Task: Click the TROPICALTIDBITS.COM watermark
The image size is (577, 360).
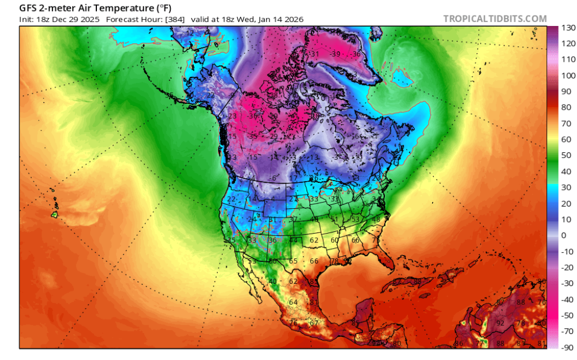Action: coord(494,18)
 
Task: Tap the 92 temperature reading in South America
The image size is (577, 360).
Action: coord(500,323)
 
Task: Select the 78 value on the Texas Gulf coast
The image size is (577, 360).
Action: coord(334,261)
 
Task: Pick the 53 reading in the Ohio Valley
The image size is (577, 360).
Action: coord(355,219)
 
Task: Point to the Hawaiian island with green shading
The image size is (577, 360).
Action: coord(55,215)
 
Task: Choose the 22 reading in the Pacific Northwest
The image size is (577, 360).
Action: coord(231,199)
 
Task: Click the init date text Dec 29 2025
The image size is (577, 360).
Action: coord(76,20)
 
